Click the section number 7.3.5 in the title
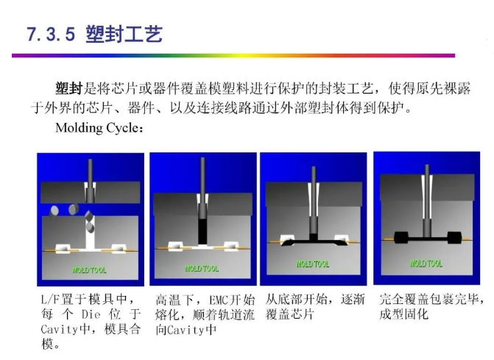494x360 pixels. (x=51, y=34)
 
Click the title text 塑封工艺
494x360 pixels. (x=124, y=34)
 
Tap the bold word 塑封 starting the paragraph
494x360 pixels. (x=68, y=88)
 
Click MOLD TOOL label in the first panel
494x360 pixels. (x=90, y=270)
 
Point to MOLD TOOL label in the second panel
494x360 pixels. (x=202, y=269)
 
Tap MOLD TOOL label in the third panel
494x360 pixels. (x=313, y=264)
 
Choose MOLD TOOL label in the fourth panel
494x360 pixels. (x=426, y=263)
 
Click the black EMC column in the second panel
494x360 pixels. (x=202, y=231)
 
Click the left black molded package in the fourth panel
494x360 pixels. (x=401, y=238)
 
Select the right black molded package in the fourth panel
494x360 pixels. (x=454, y=238)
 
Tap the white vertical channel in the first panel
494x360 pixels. (x=90, y=233)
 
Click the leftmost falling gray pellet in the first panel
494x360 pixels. (x=54, y=211)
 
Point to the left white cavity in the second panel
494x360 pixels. (x=175, y=247)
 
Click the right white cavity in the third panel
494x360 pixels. (x=342, y=238)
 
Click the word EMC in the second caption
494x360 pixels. (x=219, y=300)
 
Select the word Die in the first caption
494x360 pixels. (x=91, y=314)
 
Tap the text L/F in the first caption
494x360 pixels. (x=50, y=299)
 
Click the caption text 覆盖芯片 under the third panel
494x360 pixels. (x=290, y=314)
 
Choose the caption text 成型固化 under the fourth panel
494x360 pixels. (x=403, y=314)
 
